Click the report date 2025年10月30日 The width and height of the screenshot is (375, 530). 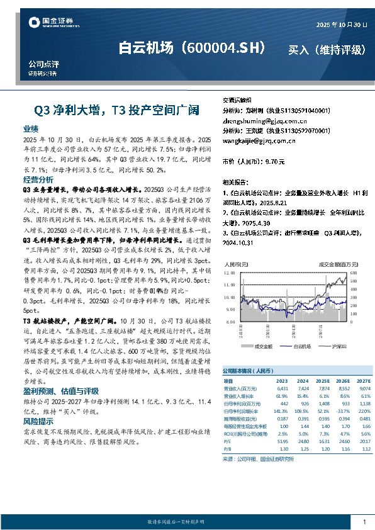pos(340,23)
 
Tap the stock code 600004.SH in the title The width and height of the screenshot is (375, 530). pos(223,48)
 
